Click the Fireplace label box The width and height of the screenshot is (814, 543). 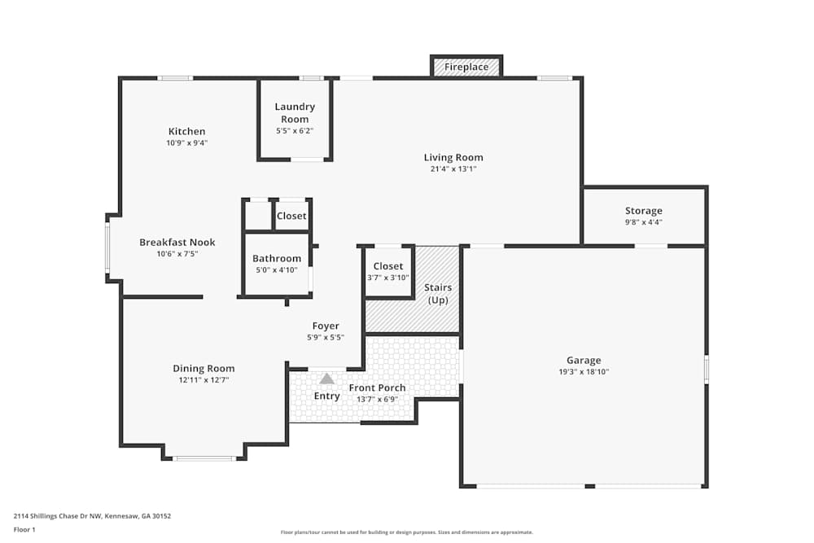[466, 67]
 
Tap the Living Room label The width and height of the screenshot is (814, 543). [453, 158]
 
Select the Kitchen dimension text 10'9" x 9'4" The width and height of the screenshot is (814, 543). [186, 143]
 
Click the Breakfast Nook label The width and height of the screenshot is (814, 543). [177, 243]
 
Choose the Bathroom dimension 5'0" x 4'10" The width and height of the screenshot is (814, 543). [277, 270]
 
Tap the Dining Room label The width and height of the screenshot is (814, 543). [203, 369]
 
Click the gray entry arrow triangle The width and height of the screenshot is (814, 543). [326, 379]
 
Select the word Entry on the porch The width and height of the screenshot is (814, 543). [327, 396]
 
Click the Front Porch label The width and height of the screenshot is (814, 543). [377, 388]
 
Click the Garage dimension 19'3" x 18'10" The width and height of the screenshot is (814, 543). [584, 372]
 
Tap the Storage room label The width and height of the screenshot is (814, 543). [643, 211]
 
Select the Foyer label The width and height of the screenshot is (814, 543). [326, 326]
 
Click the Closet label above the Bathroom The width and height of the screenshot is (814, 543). [291, 216]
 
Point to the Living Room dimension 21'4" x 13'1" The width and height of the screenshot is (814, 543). [453, 169]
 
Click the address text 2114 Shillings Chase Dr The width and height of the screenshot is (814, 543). [92, 515]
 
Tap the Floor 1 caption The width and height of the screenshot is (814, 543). [24, 529]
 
